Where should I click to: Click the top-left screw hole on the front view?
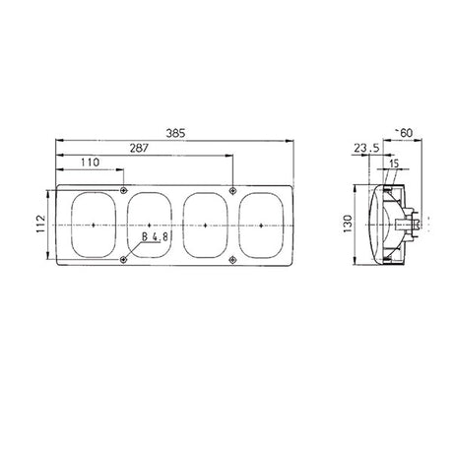tap(122, 190)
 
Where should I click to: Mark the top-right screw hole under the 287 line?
tap(230, 190)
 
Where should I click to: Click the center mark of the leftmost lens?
tap(93, 225)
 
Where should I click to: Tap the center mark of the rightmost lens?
tap(261, 225)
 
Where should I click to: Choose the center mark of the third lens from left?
tap(205, 225)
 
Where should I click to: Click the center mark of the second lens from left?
tap(149, 225)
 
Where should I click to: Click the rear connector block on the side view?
tap(420, 225)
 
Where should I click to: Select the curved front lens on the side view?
tap(371, 225)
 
